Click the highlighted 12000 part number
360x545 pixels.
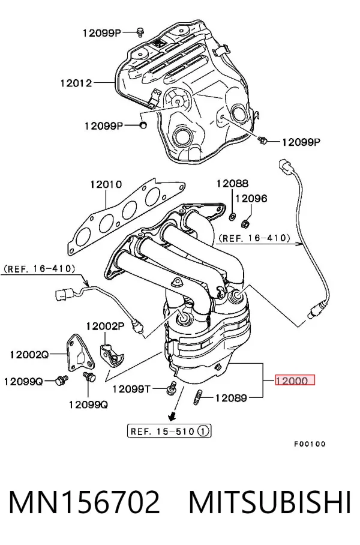[x=295, y=381]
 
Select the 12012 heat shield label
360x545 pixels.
[x=76, y=83]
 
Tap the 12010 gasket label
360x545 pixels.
[x=106, y=184]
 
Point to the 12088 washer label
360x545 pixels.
[x=232, y=183]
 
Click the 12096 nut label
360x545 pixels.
[x=251, y=199]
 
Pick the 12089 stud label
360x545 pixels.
[x=231, y=397]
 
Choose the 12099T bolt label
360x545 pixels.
[x=131, y=389]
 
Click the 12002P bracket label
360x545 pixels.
[x=105, y=326]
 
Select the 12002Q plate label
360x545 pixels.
[x=29, y=355]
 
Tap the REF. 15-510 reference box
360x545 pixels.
[x=169, y=432]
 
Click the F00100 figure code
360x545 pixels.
[x=310, y=444]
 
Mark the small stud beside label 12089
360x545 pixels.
[x=197, y=397]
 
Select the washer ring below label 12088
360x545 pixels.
[x=232, y=217]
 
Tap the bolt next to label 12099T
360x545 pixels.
[x=172, y=388]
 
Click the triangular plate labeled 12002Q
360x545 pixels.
[x=80, y=353]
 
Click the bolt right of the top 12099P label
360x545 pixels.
[x=140, y=32]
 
